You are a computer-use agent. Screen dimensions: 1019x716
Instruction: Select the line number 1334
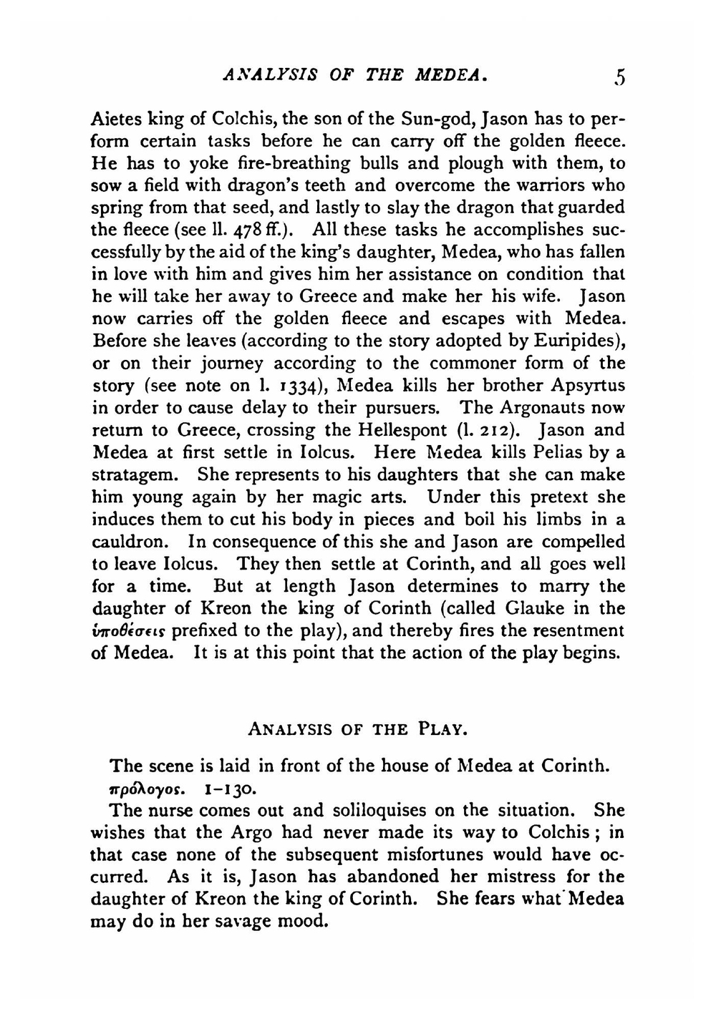301,386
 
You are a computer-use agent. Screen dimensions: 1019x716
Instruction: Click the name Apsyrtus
589,386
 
